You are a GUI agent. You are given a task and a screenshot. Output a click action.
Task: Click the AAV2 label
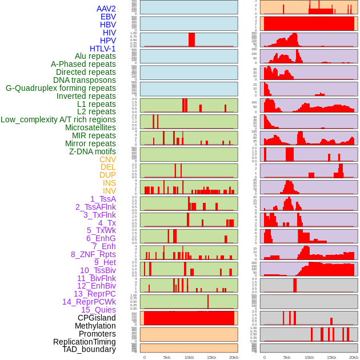click(106, 9)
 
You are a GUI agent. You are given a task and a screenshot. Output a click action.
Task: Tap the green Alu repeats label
click(95, 56)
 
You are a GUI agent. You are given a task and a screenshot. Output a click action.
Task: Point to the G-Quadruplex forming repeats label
click(61, 88)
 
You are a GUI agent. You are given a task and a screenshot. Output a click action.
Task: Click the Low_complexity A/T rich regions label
click(58, 119)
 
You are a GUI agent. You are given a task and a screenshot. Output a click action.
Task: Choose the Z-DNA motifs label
click(93, 151)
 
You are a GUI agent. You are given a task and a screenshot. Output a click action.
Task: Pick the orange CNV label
click(107, 159)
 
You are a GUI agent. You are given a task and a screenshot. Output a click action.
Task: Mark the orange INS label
click(109, 183)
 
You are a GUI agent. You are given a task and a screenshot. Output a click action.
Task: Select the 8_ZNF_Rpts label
click(93, 254)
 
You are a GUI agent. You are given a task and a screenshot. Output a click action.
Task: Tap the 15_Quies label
click(98, 310)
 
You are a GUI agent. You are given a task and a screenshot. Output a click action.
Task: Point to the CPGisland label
click(97, 318)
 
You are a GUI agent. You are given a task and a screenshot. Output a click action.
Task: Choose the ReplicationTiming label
click(84, 342)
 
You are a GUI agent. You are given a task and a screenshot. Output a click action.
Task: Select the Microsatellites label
click(90, 127)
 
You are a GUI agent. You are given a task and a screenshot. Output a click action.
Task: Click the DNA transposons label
click(85, 80)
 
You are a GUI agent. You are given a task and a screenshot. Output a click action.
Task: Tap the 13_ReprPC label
click(94, 294)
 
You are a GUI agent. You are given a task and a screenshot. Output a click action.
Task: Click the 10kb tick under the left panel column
click(189, 357)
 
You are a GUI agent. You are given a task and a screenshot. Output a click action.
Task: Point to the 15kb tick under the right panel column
click(331, 357)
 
